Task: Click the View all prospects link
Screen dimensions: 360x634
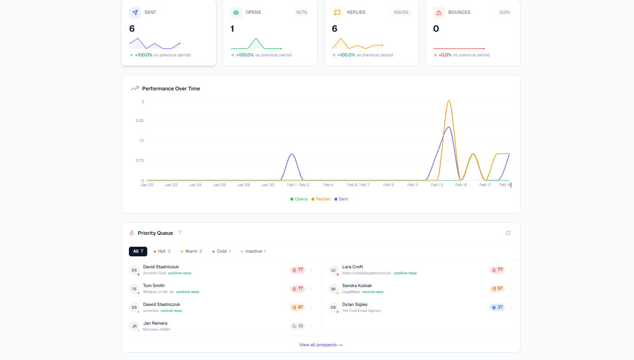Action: tap(321, 345)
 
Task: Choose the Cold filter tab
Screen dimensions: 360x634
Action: tap(221, 251)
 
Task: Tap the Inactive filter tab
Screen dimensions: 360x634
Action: tap(253, 251)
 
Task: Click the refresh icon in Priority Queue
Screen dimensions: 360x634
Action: tap(508, 233)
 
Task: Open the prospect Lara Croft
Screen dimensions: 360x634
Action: tap(352, 267)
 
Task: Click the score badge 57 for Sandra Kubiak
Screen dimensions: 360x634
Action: tap(497, 289)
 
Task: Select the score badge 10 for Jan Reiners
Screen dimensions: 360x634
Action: tap(297, 326)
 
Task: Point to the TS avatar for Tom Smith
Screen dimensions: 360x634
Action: tap(134, 289)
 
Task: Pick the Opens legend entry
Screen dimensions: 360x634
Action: tap(299, 199)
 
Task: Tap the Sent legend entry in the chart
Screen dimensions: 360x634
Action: tap(341, 199)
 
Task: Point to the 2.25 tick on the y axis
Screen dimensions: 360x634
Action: tap(139, 121)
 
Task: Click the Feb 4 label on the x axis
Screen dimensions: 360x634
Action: tap(328, 185)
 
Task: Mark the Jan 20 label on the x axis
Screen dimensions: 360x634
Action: tap(147, 185)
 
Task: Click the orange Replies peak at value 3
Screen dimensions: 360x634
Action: tap(449, 101)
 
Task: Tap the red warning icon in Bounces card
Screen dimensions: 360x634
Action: tap(439, 13)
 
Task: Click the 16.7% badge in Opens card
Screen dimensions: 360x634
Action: tap(301, 12)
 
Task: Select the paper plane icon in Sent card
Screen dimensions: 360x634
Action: tap(134, 13)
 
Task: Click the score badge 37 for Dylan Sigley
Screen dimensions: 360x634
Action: tap(497, 308)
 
